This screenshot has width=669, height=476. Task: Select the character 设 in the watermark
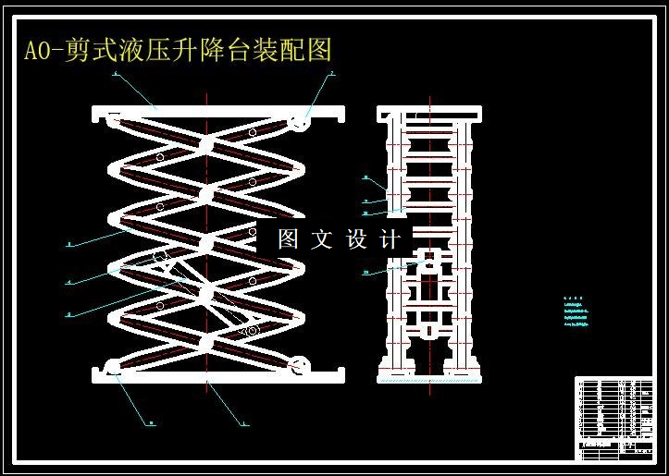[x=357, y=239]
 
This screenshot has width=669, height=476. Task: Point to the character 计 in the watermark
[x=390, y=239]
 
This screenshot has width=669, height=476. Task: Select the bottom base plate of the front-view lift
[x=218, y=373]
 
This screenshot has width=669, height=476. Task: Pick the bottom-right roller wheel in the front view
[x=299, y=365]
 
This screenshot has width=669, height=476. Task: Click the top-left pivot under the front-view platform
[x=113, y=119]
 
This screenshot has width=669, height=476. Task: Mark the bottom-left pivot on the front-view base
[x=114, y=368]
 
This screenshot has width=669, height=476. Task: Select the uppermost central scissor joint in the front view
[x=206, y=145]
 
